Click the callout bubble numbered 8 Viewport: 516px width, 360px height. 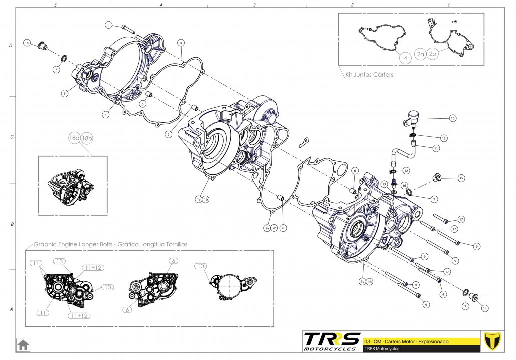(x=108, y=25)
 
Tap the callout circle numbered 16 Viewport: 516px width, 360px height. (x=404, y=185)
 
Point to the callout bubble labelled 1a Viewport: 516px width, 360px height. (x=199, y=199)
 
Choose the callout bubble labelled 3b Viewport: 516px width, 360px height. (x=370, y=281)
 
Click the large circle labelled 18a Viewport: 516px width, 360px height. (x=74, y=138)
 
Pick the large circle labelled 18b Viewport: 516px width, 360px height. (x=86, y=138)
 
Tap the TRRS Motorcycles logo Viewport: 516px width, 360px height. (x=332, y=341)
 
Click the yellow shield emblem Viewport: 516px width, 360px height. (x=493, y=341)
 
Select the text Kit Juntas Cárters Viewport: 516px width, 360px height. (x=369, y=75)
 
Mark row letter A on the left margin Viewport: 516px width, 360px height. (x=11, y=309)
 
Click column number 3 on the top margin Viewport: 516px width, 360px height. (x=254, y=5)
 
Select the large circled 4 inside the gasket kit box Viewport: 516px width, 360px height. (x=405, y=58)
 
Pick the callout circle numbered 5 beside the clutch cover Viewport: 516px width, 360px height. (x=65, y=93)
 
